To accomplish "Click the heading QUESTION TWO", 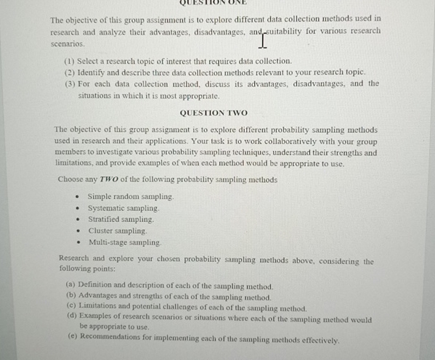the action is coord(213,113).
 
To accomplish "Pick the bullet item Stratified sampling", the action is coord(121,219).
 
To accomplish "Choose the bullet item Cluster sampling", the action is coord(118,231).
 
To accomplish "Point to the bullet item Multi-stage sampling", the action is coord(124,242).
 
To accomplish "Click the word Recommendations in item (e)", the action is coord(112,339).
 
